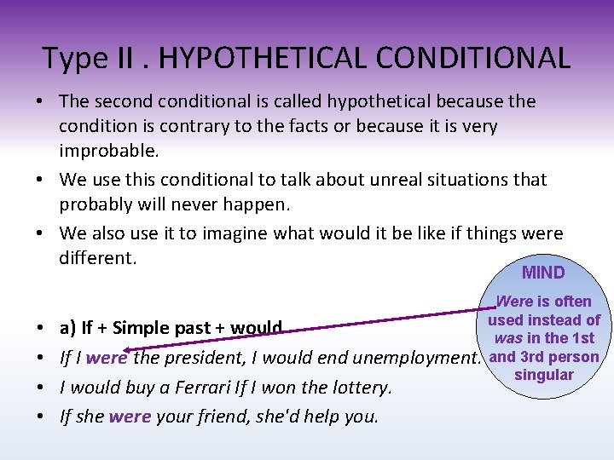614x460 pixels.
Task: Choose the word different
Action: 97,257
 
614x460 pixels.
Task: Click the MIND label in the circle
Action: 543,273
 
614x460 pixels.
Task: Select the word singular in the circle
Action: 544,376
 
